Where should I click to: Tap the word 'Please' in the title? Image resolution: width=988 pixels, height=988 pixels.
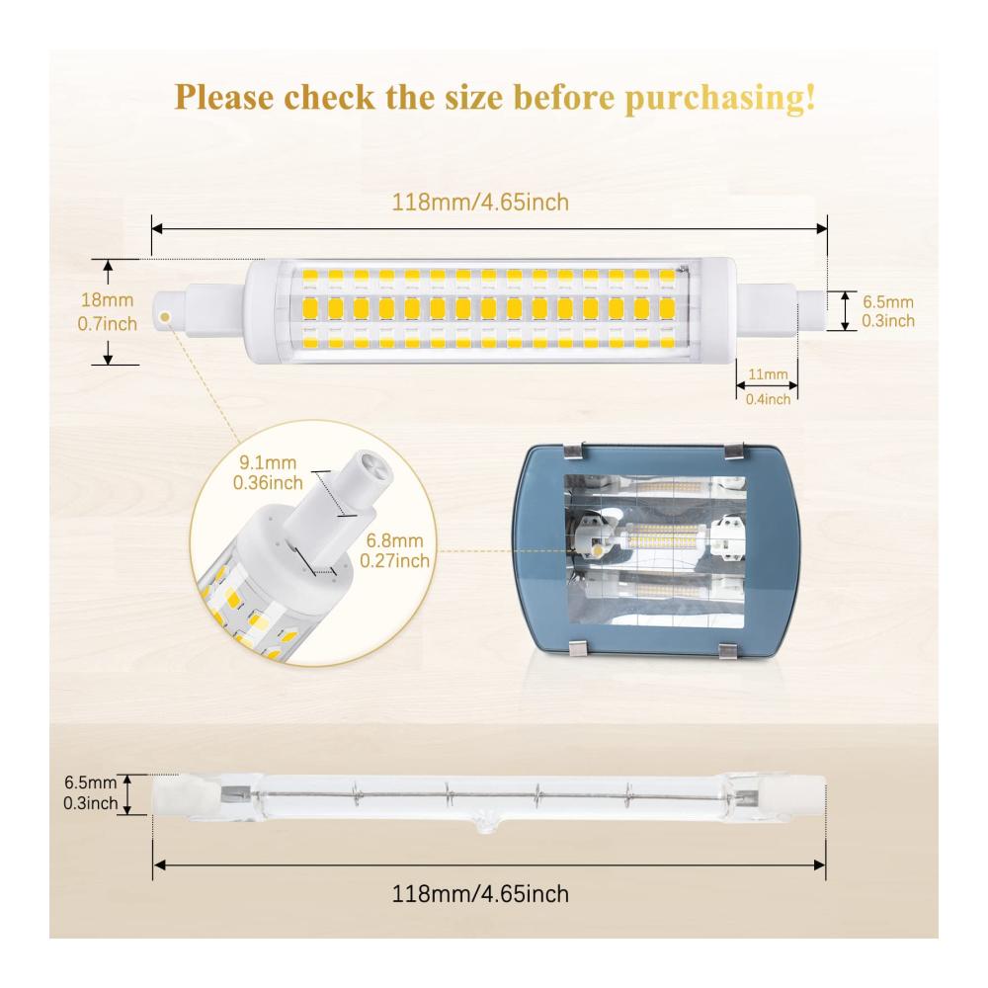coord(223,97)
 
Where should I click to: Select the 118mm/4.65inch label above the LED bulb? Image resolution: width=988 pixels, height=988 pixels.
coord(480,203)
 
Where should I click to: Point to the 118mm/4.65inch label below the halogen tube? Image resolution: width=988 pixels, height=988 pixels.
coord(480,894)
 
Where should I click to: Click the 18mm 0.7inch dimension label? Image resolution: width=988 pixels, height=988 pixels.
coord(107,312)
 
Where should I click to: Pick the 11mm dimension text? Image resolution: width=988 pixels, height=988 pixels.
coord(768,374)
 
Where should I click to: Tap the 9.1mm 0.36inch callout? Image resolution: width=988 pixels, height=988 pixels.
coord(268,472)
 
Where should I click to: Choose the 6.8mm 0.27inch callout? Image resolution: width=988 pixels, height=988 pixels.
coord(394,550)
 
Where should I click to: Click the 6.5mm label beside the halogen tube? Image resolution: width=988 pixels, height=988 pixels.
coord(91,792)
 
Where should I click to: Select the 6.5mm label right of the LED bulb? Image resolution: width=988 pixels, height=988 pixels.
coord(888,311)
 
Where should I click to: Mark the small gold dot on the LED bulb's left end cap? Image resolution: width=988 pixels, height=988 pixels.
coord(165,317)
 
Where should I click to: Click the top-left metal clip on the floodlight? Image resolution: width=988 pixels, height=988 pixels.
coord(573,451)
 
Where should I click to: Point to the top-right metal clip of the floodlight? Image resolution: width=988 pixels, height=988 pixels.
coord(734,452)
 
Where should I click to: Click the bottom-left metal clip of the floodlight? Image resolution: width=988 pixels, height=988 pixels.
coord(580,648)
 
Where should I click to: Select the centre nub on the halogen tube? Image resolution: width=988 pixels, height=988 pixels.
coord(484,824)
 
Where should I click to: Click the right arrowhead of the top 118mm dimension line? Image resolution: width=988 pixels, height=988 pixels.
coord(822,228)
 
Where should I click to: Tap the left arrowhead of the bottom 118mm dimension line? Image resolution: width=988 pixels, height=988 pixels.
coord(159,865)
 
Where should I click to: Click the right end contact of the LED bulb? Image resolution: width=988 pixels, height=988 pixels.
coord(812,311)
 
